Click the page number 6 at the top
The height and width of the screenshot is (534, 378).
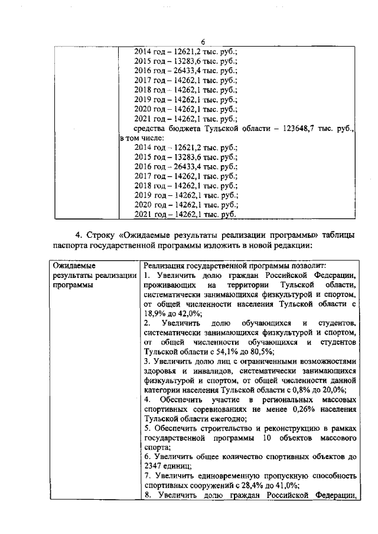click(x=202, y=42)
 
